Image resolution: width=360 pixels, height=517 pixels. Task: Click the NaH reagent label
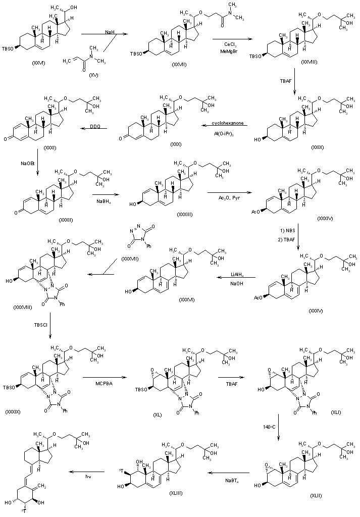point(109,32)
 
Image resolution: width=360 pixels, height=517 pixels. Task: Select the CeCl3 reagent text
point(226,44)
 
